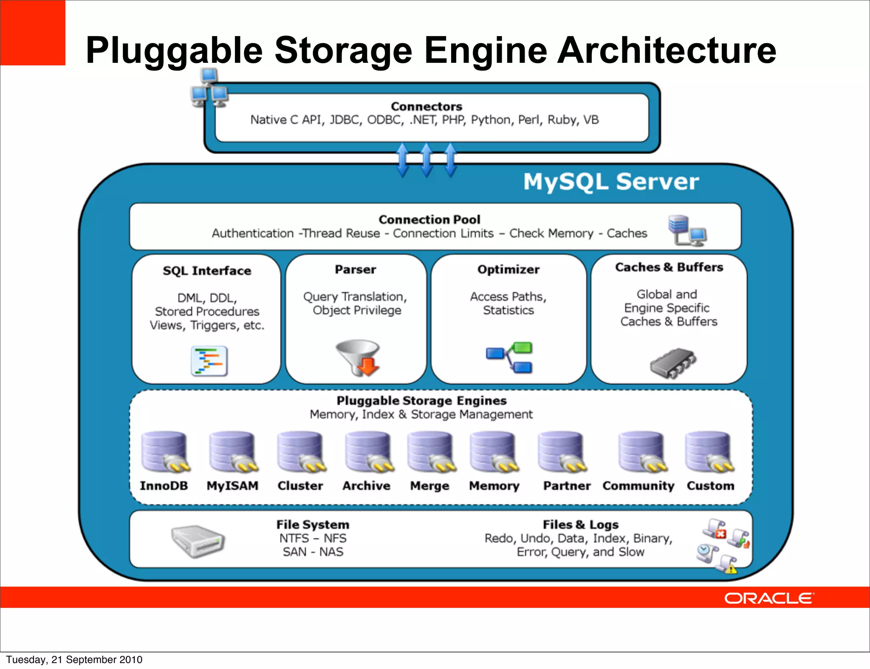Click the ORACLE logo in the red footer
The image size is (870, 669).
point(768,598)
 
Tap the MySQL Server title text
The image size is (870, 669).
point(610,182)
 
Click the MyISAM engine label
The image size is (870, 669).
point(232,486)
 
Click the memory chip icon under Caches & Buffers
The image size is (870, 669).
point(673,363)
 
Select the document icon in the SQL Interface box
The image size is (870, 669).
point(209,361)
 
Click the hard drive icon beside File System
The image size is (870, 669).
point(198,541)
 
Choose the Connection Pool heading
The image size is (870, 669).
point(429,219)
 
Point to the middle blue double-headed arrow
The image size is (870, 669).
point(427,160)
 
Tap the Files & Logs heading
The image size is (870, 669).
point(580,525)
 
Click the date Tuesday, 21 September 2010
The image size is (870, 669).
point(74,660)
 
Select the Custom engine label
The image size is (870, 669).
point(710,486)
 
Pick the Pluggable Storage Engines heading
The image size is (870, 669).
point(421,401)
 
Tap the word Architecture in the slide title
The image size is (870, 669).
point(667,50)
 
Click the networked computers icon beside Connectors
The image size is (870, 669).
point(209,88)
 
